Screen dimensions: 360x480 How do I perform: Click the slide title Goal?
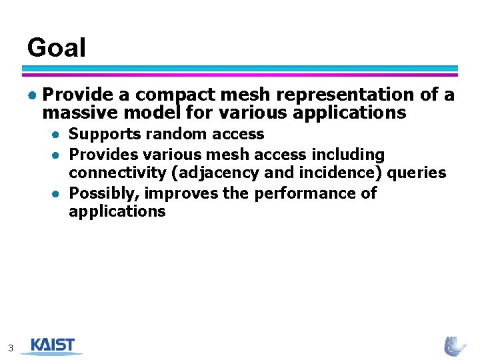[57, 48]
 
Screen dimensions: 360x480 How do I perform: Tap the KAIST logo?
[51, 346]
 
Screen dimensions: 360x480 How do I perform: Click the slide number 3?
[11, 347]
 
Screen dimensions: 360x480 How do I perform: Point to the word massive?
[75, 113]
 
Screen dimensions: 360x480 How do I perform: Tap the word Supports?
[105, 135]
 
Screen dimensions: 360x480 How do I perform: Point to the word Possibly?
[104, 193]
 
